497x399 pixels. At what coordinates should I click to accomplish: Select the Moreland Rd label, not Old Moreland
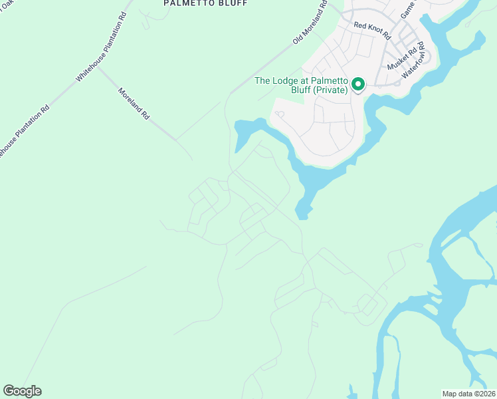[x=134, y=104]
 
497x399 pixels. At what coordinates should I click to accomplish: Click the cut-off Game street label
[x=407, y=9]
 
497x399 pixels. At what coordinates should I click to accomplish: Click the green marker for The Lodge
[x=358, y=84]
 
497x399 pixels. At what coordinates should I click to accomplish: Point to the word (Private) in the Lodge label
[x=331, y=90]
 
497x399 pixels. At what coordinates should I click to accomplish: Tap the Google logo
[x=22, y=391]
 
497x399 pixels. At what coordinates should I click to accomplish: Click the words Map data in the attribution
[x=457, y=394]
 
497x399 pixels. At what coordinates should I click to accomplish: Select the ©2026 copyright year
[x=484, y=394]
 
